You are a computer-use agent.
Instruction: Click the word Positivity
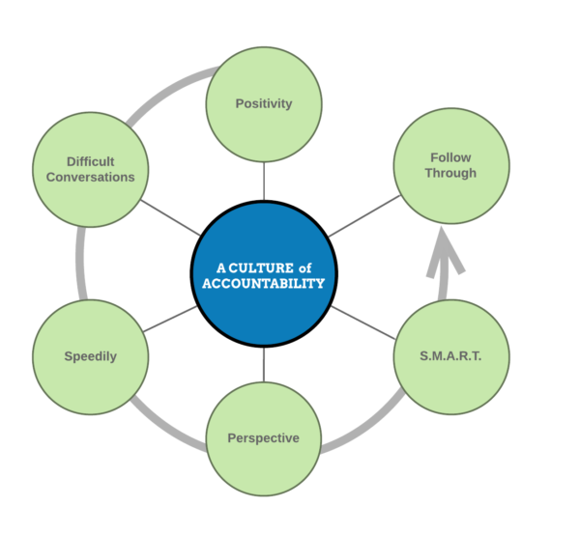pyautogui.click(x=264, y=103)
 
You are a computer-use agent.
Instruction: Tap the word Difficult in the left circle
pyautogui.click(x=90, y=161)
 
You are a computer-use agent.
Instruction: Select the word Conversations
pyautogui.click(x=90, y=177)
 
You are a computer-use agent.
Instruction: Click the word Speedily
pyautogui.click(x=90, y=356)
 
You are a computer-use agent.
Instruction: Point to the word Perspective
pyautogui.click(x=263, y=438)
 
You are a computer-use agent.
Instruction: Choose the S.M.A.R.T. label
pyautogui.click(x=450, y=356)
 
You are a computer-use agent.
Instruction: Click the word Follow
pyautogui.click(x=450, y=157)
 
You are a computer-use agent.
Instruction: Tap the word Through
pyautogui.click(x=450, y=174)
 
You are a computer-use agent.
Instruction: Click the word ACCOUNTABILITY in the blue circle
pyautogui.click(x=263, y=283)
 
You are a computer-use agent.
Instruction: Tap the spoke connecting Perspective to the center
pyautogui.click(x=263, y=363)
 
